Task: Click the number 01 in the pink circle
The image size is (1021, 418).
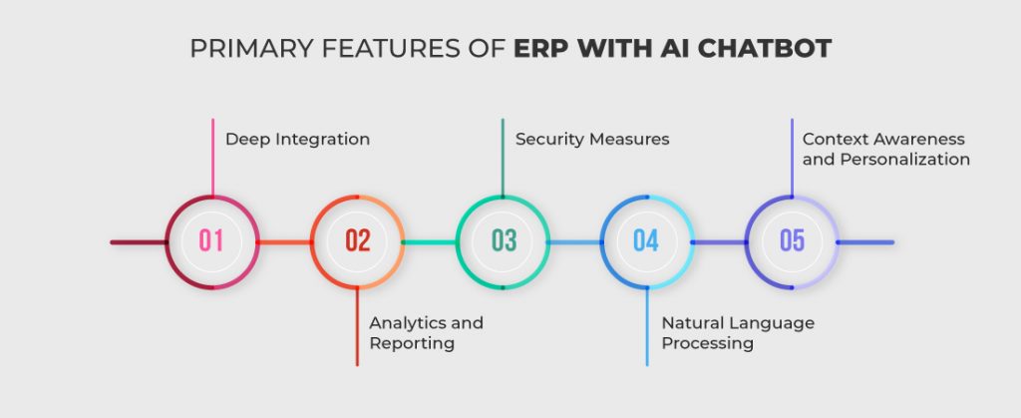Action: pyautogui.click(x=211, y=241)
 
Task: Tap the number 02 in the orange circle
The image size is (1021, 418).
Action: pyautogui.click(x=357, y=241)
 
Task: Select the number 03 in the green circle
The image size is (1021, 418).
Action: pyautogui.click(x=504, y=241)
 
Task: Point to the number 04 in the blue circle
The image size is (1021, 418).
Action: pyautogui.click(x=646, y=241)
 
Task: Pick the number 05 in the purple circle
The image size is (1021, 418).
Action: pyautogui.click(x=792, y=241)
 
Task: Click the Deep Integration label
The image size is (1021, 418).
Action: pyautogui.click(x=297, y=140)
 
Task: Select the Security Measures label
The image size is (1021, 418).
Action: pyautogui.click(x=591, y=140)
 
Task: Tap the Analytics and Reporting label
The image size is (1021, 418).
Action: pyautogui.click(x=426, y=333)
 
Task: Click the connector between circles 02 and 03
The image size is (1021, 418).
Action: pyautogui.click(x=430, y=242)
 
